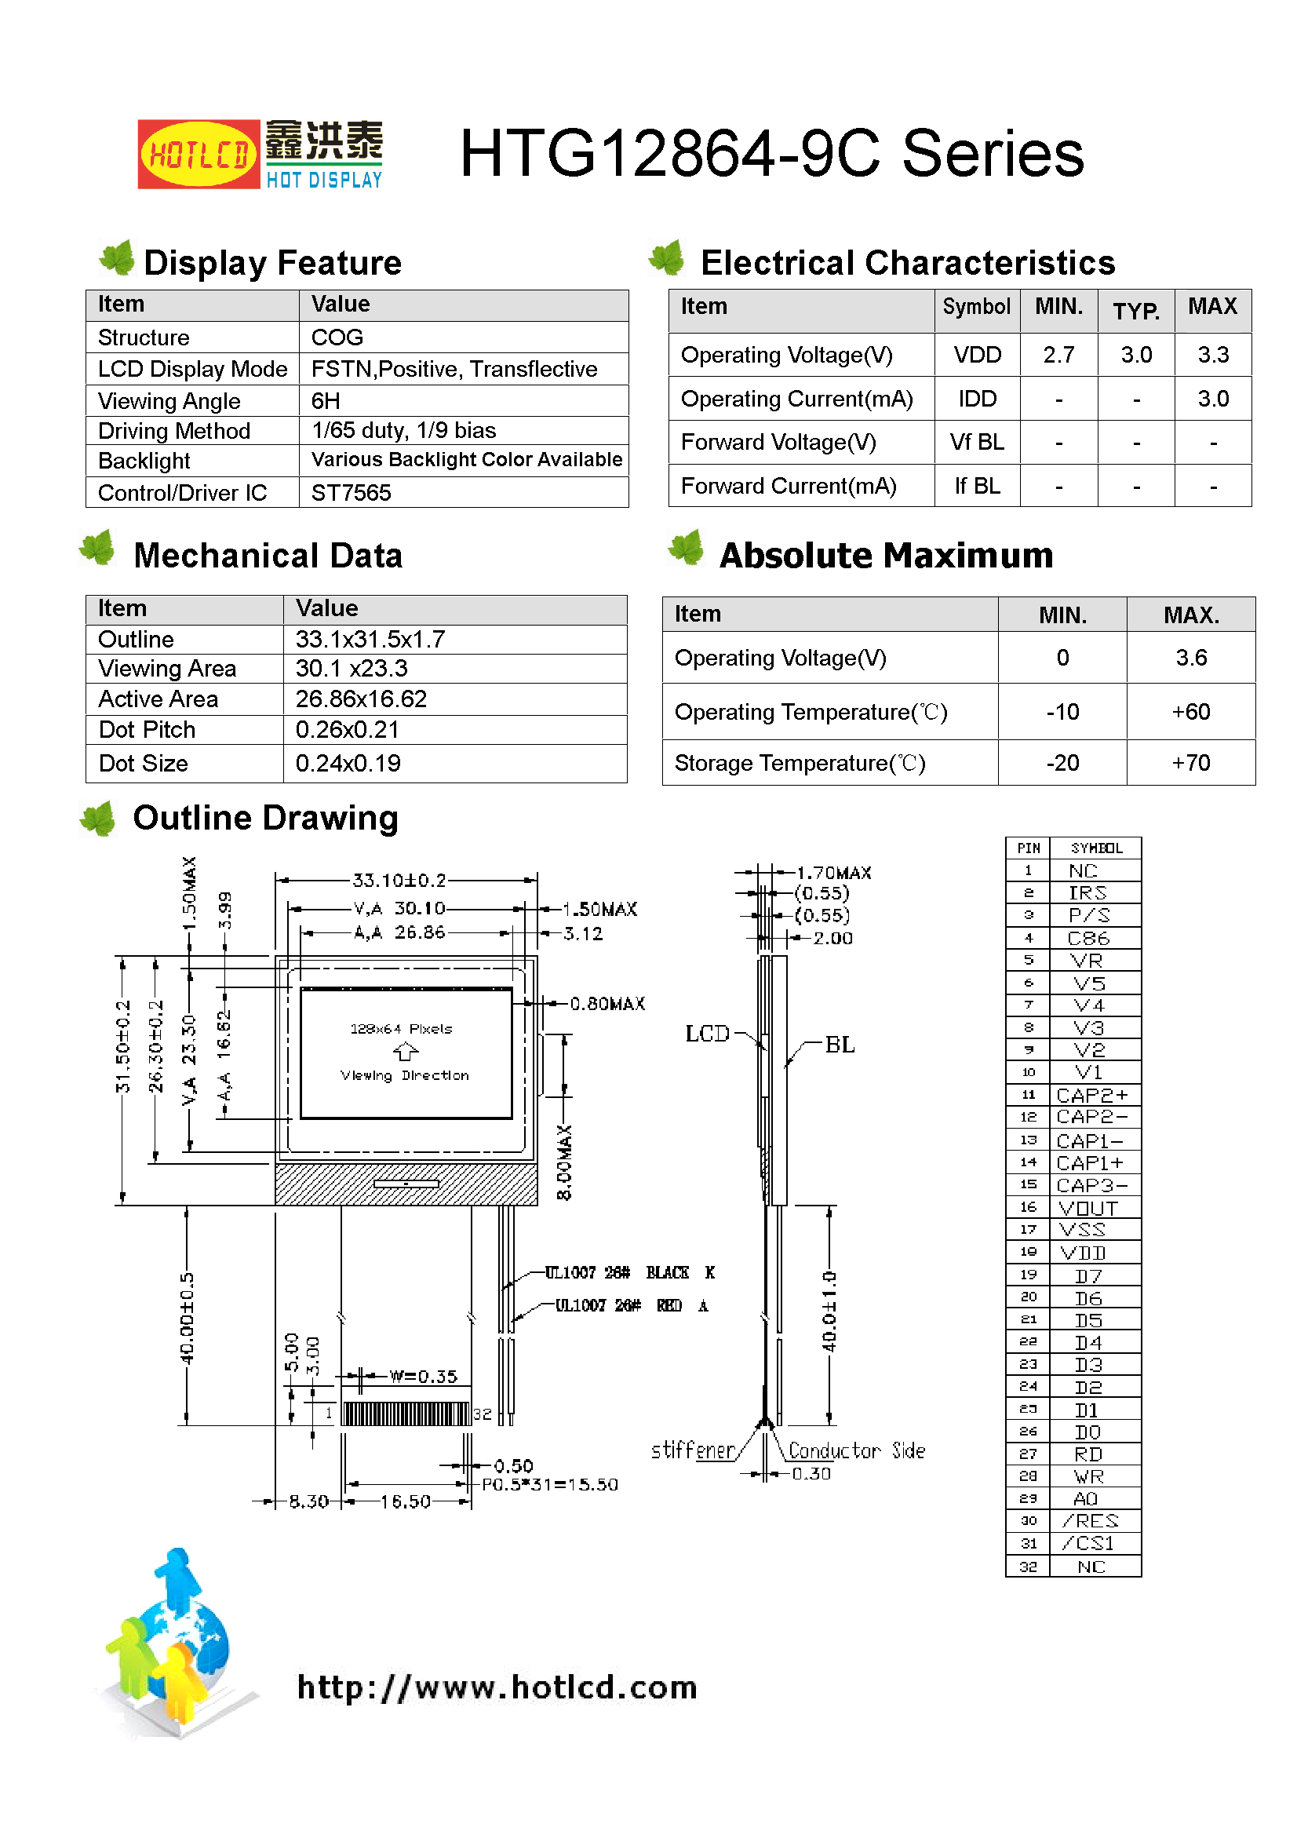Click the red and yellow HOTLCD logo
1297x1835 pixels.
tap(199, 155)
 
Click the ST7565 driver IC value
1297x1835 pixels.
tap(351, 492)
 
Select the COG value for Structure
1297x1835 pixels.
tap(337, 337)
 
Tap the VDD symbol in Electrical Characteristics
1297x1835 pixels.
tap(977, 355)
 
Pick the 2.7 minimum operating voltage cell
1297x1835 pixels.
tap(1058, 355)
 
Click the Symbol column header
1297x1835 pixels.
tap(976, 307)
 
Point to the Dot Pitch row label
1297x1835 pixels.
tap(147, 730)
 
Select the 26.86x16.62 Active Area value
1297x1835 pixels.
tap(360, 699)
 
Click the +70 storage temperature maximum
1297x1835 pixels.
tap(1190, 763)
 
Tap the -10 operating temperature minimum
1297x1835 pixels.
tap(1062, 712)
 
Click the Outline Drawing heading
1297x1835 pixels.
tap(265, 819)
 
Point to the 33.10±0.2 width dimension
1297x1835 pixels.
tap(399, 881)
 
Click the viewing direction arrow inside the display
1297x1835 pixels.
tap(406, 1052)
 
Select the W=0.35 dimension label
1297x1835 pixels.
tap(423, 1377)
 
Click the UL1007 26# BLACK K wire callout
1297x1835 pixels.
tap(629, 1272)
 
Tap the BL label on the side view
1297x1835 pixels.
tap(839, 1045)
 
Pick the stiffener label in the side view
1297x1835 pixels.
tap(692, 1450)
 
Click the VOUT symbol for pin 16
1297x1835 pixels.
tap(1088, 1209)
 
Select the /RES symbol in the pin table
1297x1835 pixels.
tap(1089, 1521)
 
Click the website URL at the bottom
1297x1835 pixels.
tap(497, 1687)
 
